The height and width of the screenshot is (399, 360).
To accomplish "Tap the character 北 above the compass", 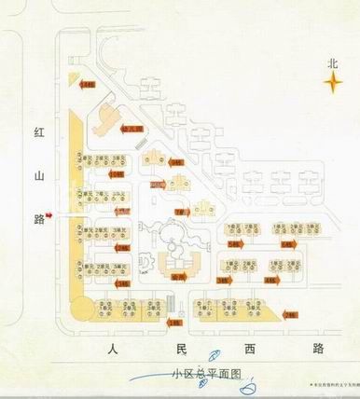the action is (330, 64).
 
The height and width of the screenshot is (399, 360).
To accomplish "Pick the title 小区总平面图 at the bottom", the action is (206, 374).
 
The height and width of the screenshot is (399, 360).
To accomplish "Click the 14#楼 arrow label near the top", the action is (88, 86).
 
